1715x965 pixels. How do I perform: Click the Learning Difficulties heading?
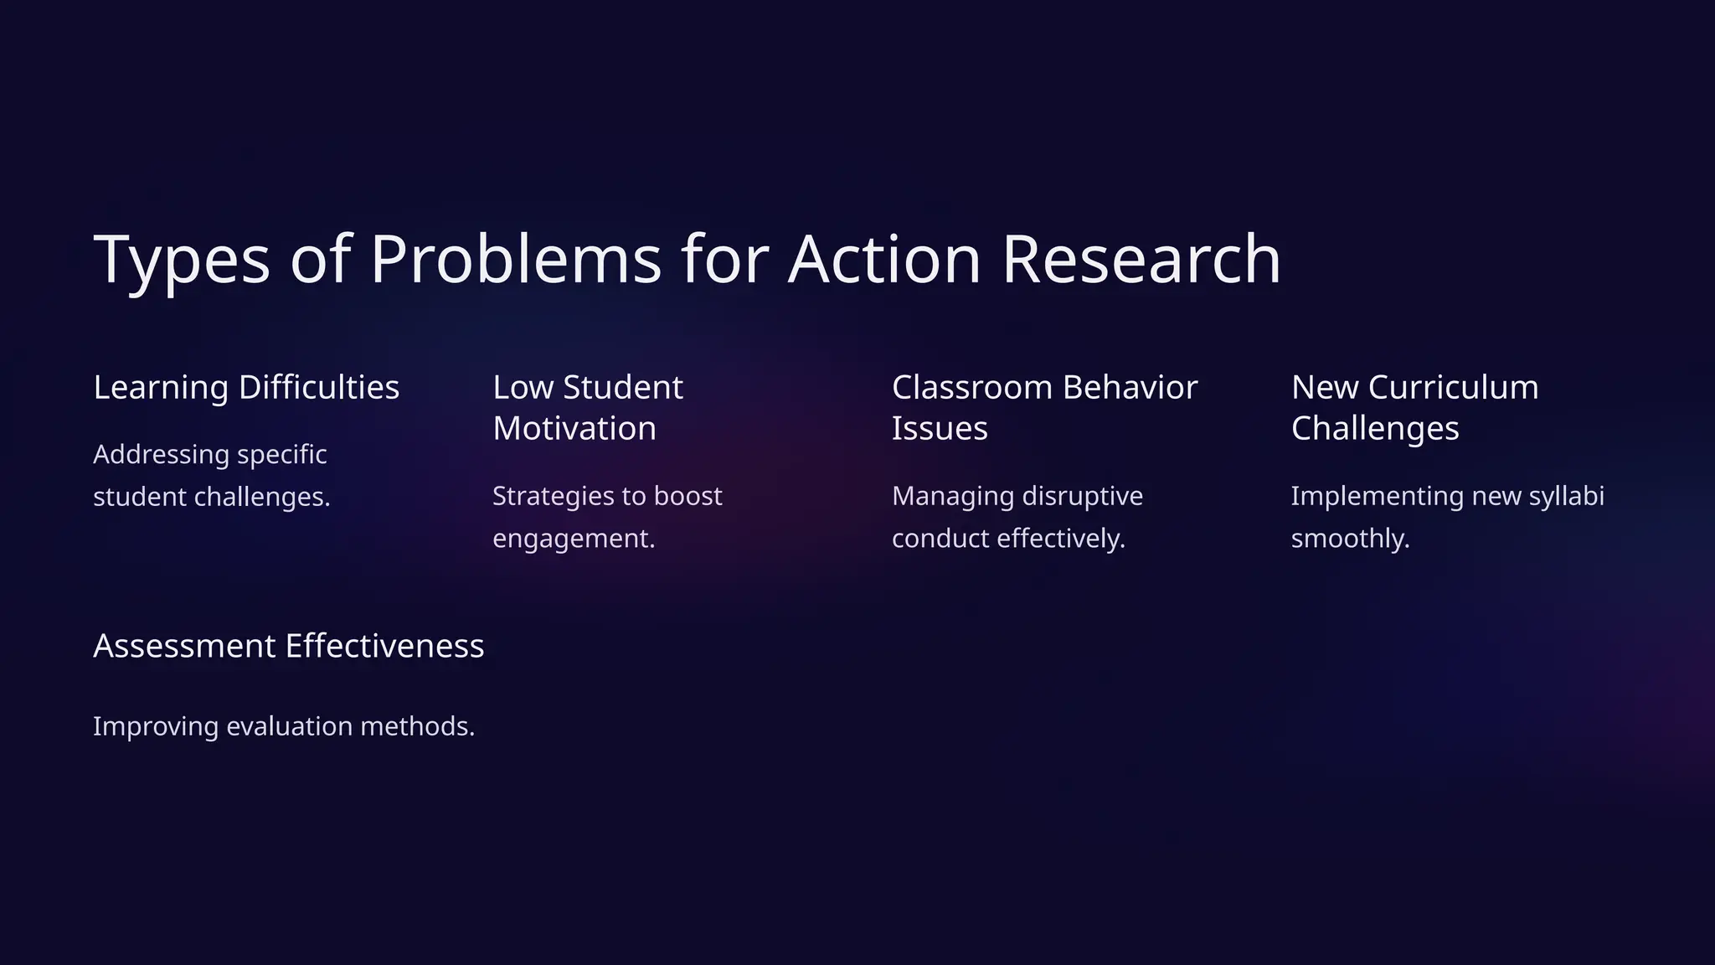246,388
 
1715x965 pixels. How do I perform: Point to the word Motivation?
574,429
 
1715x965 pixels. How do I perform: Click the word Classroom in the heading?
971,388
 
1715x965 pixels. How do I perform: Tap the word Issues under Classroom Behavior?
940,429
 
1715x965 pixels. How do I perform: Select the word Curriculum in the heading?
1453,388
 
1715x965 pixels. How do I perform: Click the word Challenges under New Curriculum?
1375,429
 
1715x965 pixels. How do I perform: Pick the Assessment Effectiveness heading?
288,647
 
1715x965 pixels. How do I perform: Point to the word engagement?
574,539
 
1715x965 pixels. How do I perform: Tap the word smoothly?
1350,539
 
